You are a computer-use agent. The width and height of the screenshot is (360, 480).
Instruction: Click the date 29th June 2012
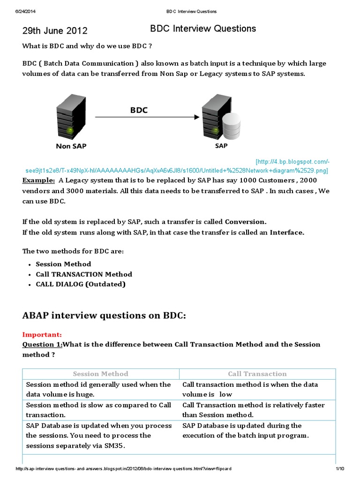55,31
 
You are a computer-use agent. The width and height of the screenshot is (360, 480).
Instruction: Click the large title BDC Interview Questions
203,29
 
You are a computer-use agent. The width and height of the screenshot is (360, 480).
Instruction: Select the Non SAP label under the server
71,146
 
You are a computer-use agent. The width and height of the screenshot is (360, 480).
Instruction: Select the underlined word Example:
38,180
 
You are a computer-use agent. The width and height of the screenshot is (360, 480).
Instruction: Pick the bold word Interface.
287,232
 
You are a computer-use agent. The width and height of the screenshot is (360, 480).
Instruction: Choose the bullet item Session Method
63,264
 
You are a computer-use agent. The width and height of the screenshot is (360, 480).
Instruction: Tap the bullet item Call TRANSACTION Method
84,274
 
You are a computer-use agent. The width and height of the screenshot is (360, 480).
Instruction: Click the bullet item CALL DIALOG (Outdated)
81,284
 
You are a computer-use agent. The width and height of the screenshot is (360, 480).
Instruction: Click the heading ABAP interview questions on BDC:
104,315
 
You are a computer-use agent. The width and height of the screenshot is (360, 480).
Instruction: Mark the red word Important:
42,335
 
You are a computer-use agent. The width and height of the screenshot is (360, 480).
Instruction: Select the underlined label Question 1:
42,345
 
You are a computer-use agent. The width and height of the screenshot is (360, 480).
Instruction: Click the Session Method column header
100,374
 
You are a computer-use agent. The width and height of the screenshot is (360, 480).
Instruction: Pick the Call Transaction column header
257,374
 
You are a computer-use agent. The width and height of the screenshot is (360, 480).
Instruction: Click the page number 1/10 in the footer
340,469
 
